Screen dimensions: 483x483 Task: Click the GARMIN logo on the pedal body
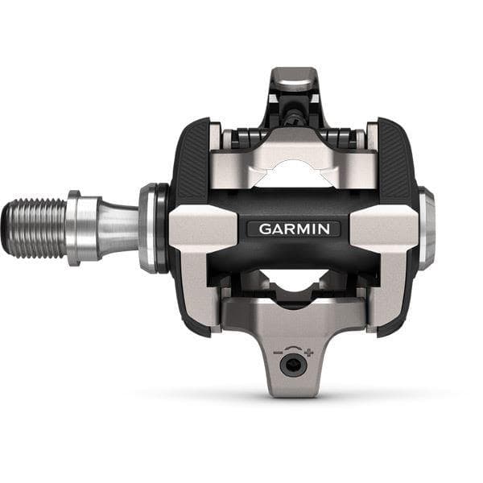(x=293, y=229)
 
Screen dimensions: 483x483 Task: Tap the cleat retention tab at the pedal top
(x=292, y=81)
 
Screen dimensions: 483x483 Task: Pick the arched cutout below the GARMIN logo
(x=293, y=282)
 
